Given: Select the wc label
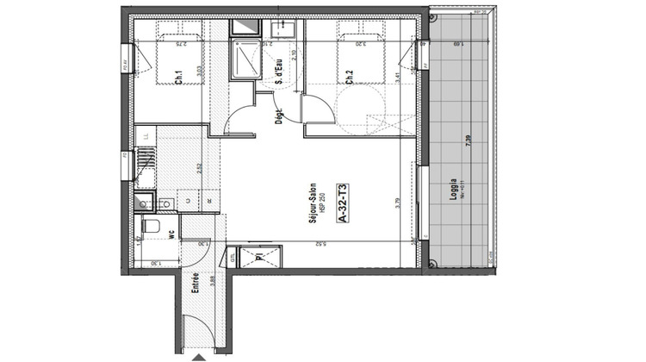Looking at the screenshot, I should point(172,232).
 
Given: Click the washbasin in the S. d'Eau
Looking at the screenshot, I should point(280,31).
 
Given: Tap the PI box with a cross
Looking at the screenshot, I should point(259,258).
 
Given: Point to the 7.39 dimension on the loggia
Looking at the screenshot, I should point(469,142).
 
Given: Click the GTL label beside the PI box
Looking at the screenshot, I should point(232,257).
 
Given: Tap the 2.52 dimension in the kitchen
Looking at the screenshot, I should point(201,168).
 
